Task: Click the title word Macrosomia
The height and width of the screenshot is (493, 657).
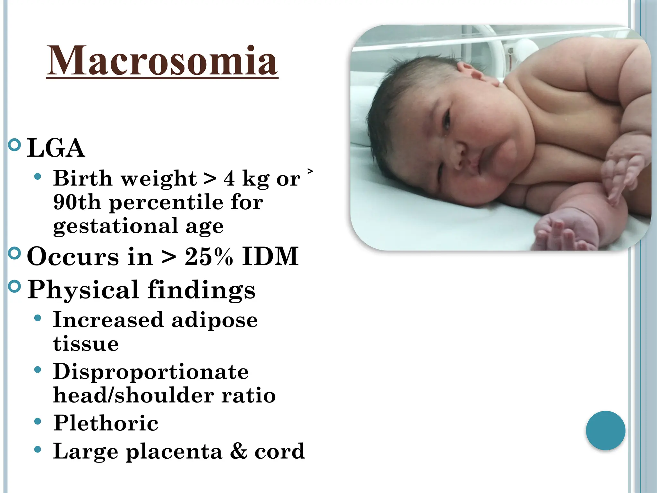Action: [x=162, y=61]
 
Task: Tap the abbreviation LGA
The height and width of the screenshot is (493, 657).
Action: [x=56, y=148]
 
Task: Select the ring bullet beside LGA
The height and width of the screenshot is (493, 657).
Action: [x=14, y=145]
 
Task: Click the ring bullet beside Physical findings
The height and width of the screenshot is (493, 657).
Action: [x=14, y=286]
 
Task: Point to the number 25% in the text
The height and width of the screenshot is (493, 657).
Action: [x=209, y=256]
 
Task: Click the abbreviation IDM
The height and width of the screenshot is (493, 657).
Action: [x=270, y=256]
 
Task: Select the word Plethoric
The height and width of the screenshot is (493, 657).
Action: [x=106, y=423]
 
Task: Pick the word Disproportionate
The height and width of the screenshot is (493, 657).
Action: [x=151, y=372]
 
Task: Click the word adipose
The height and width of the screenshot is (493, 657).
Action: [x=215, y=320]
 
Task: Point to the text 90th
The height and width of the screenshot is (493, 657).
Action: [x=77, y=202]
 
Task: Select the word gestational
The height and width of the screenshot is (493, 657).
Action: [x=115, y=227]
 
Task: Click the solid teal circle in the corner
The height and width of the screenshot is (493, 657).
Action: [x=605, y=430]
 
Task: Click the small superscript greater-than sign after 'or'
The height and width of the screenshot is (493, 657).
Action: [x=310, y=171]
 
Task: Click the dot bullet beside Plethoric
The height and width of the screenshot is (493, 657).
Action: [x=38, y=421]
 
